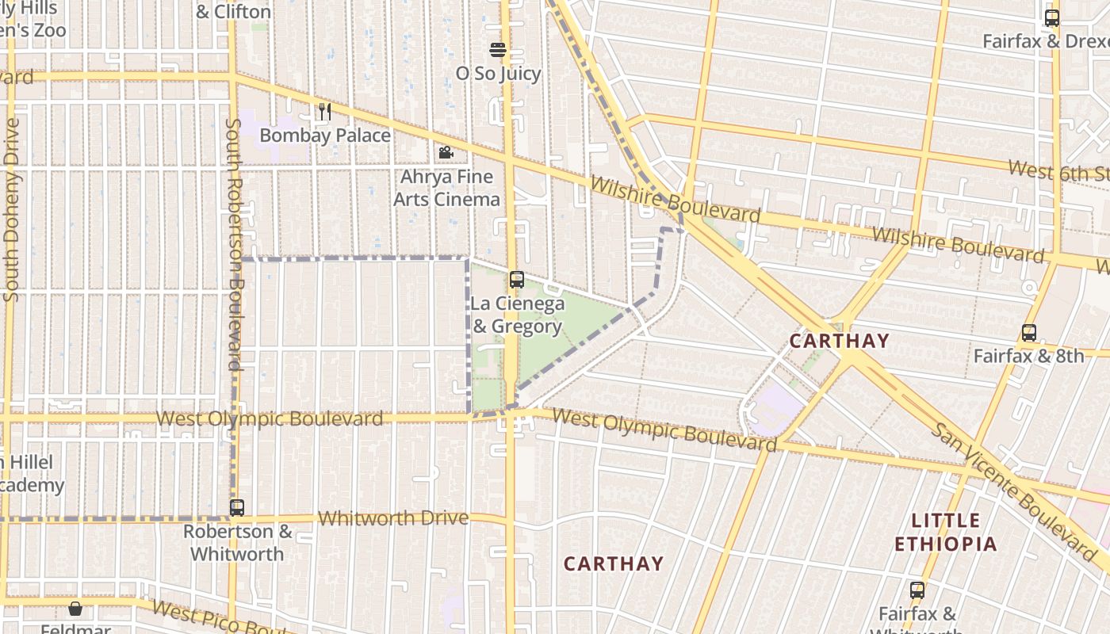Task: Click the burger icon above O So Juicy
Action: tap(498, 51)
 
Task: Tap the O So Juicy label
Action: tap(498, 74)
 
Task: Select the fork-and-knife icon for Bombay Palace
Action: tap(325, 112)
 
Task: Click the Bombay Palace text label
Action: tap(325, 136)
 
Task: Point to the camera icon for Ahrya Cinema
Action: tap(446, 152)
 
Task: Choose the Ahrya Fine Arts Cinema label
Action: tap(447, 188)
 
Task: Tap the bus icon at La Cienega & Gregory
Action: tap(517, 280)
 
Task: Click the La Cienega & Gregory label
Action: tap(517, 315)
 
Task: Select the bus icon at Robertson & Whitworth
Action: tap(237, 508)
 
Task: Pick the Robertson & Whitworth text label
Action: tap(237, 543)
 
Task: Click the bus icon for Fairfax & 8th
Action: tap(1029, 333)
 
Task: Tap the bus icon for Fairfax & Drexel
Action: tap(1052, 18)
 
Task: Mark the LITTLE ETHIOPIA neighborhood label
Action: tap(945, 533)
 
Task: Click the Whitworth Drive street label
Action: tap(393, 518)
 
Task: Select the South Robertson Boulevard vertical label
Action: tap(234, 245)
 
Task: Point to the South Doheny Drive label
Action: tap(11, 210)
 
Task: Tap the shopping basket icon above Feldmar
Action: tap(75, 609)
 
